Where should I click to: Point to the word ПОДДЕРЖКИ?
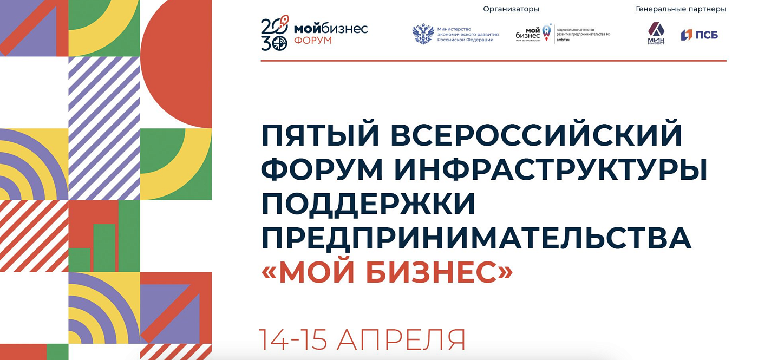coord(368,204)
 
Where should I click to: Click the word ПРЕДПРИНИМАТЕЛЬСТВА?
coord(476,239)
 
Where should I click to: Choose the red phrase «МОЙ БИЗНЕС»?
coord(387,273)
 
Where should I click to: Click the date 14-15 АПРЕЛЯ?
coord(362,340)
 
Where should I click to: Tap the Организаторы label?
coord(511,9)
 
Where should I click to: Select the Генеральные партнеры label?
coord(681,9)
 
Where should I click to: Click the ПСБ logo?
coord(699,35)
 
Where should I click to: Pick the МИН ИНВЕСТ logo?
coord(656,34)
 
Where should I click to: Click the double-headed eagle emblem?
coord(423,34)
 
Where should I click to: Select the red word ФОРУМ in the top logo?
coord(313,41)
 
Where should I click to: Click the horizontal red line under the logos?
coord(493,61)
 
